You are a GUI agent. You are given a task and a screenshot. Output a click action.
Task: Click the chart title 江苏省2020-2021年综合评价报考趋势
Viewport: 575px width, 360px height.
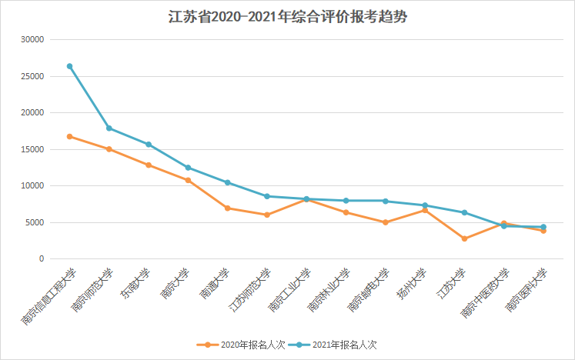pyautogui.click(x=287, y=17)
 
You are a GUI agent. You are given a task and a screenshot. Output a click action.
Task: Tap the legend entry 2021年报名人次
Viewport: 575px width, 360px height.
pyautogui.click(x=343, y=345)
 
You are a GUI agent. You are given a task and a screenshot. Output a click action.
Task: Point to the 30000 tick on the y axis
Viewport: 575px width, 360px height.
pyautogui.click(x=33, y=39)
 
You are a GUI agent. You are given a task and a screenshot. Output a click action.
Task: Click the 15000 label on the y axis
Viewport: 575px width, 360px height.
pyautogui.click(x=33, y=149)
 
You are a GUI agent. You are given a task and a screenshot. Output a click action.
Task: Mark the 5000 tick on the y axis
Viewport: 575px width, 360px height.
pyautogui.click(x=35, y=222)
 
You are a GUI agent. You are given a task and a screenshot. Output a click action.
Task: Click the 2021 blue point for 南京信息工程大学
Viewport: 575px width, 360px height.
pyautogui.click(x=70, y=66)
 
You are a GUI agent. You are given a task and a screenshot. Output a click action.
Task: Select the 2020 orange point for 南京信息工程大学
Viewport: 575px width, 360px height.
pyautogui.click(x=70, y=136)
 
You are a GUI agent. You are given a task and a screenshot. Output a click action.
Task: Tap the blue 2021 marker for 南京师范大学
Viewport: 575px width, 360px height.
pyautogui.click(x=109, y=128)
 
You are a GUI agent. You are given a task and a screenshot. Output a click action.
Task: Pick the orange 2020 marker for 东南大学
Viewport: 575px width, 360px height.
pyautogui.click(x=149, y=165)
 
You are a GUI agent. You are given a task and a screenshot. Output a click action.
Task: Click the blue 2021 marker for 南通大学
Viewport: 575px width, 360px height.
pyautogui.click(x=227, y=182)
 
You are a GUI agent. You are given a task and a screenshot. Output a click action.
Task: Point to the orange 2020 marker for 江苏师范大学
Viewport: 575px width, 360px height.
pyautogui.click(x=267, y=215)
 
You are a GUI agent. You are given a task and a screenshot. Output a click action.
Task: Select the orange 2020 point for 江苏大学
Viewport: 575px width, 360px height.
pyautogui.click(x=464, y=238)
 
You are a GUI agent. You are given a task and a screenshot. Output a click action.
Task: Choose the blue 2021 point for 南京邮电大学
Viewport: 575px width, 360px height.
pyautogui.click(x=385, y=201)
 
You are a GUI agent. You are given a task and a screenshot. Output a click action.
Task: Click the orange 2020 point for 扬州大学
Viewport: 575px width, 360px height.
pyautogui.click(x=425, y=210)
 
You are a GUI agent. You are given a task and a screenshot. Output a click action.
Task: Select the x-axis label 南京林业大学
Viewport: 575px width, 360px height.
pyautogui.click(x=329, y=292)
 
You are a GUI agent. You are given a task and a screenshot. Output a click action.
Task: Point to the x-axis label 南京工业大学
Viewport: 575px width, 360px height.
pyautogui.click(x=289, y=292)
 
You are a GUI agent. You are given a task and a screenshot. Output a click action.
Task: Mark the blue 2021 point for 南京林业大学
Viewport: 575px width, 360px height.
pyautogui.click(x=346, y=201)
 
